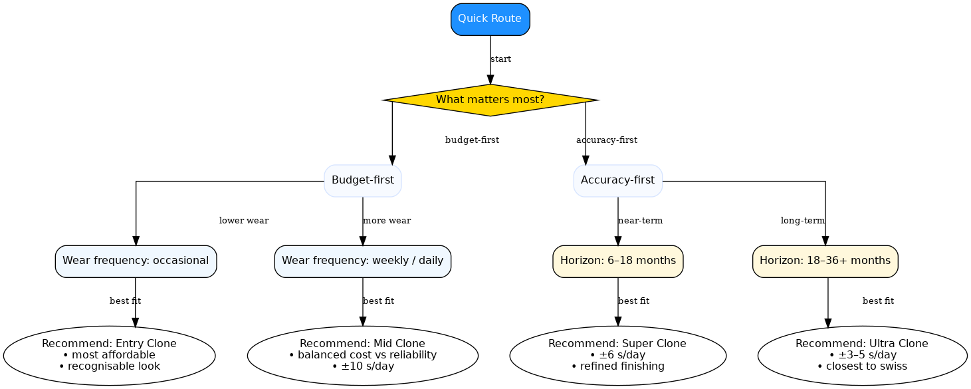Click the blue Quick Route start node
[490, 19]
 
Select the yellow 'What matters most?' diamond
[490, 100]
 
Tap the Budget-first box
[362, 180]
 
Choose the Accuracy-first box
[617, 180]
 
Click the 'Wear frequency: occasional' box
[136, 261]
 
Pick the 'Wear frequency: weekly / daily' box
[362, 261]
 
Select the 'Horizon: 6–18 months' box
[617, 261]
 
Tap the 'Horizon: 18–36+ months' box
[825, 261]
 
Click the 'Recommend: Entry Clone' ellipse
[109, 355]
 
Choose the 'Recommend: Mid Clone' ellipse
[362, 355]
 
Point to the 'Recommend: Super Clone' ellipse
[617, 355]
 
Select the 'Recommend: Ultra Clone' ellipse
[861, 355]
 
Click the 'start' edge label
[500, 59]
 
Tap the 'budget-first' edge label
[472, 140]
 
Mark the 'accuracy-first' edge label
[606, 140]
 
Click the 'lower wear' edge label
[244, 221]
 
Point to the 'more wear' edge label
[386, 221]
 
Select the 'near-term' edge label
[640, 221]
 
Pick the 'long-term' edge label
[802, 221]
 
